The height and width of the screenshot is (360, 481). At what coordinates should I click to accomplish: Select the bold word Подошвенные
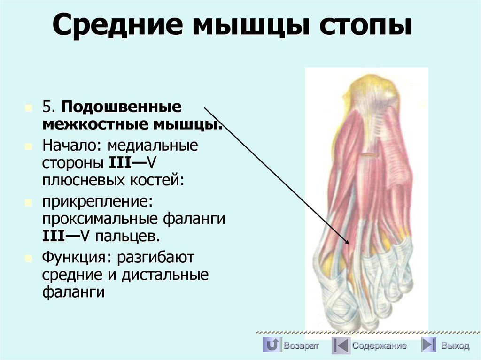pos(120,107)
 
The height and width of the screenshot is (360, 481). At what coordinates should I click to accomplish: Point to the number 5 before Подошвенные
pos(47,107)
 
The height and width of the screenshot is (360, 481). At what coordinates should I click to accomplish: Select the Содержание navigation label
pos(379,346)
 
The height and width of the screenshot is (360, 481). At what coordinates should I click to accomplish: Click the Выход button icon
pos(428,345)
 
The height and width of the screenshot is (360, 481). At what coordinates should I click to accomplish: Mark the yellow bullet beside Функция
pos(29,258)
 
